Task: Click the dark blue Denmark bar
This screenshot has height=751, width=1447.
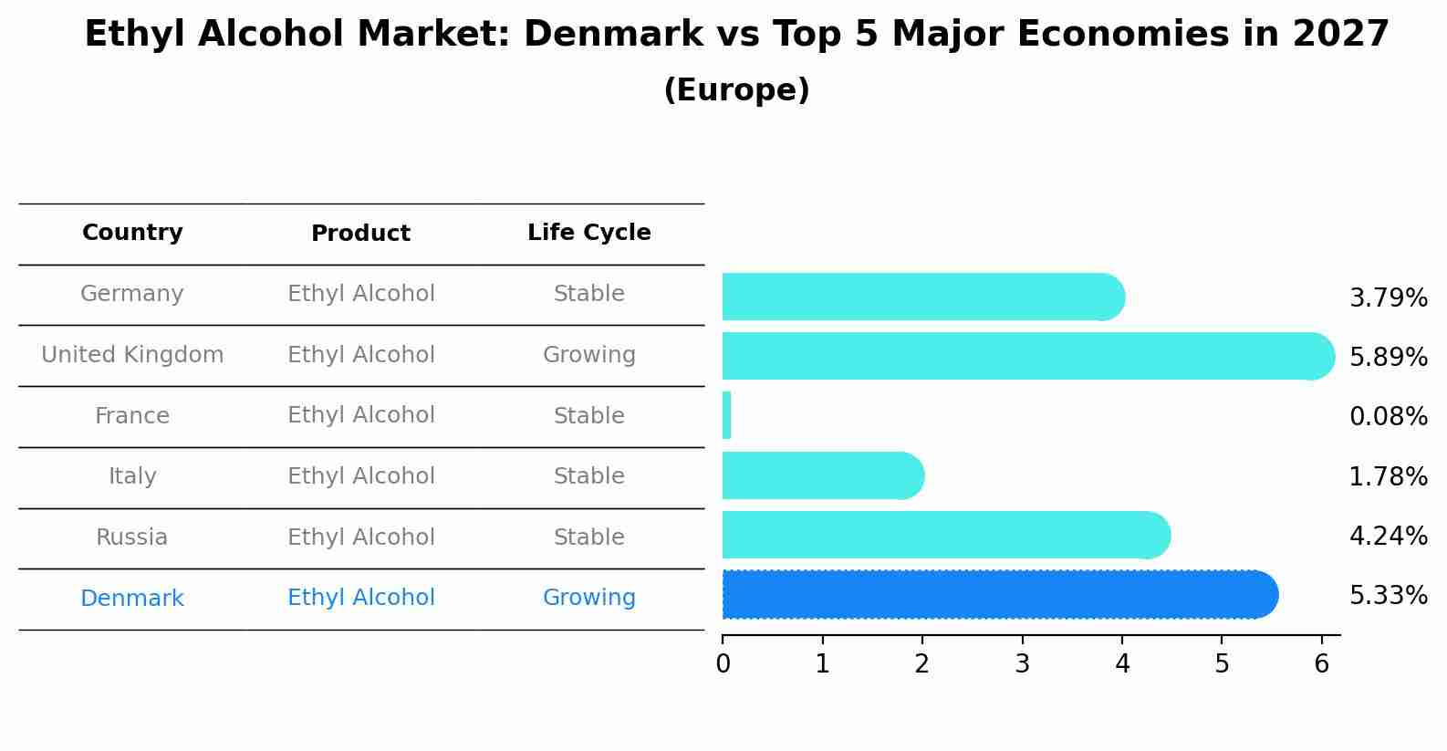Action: point(999,595)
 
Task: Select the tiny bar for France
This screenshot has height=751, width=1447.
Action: point(727,415)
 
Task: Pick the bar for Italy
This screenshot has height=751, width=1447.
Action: point(821,475)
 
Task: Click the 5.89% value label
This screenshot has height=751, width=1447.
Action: point(1388,357)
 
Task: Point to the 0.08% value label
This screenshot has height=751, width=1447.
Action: point(1388,417)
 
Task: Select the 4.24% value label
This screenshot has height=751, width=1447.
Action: point(1388,536)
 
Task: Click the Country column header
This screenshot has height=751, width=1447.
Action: point(132,233)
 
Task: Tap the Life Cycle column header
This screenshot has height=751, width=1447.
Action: point(588,233)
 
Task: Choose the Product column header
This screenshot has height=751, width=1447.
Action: point(360,234)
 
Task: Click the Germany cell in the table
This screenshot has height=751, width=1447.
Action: point(132,294)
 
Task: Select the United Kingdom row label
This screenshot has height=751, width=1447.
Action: point(132,355)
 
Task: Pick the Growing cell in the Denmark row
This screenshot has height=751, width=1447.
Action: point(588,598)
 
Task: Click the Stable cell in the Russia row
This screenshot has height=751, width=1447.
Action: point(588,537)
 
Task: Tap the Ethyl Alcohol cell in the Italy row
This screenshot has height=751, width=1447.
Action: point(360,476)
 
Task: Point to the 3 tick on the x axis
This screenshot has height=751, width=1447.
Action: point(1022,663)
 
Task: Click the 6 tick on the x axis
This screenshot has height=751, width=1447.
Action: point(1321,663)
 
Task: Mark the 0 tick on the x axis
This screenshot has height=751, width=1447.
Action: point(723,663)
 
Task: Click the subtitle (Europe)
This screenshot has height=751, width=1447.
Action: point(736,90)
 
